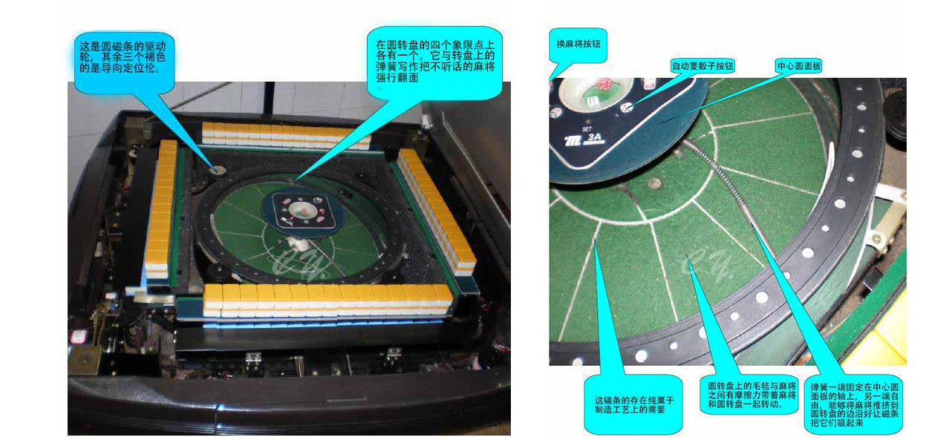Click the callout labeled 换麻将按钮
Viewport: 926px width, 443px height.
(x=578, y=45)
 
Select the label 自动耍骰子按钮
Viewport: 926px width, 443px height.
(x=702, y=66)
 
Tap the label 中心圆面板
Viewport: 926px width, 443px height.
(x=799, y=66)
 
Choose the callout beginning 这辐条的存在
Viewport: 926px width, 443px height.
(x=633, y=404)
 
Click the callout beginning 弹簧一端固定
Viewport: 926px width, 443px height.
(x=854, y=404)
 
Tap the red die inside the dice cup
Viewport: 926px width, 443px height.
(x=604, y=84)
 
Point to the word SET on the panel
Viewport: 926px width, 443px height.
(x=587, y=128)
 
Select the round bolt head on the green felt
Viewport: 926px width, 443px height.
(x=653, y=183)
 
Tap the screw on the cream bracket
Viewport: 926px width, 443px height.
(x=876, y=239)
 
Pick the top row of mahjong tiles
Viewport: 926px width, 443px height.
(x=286, y=135)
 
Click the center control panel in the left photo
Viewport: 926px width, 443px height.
(x=301, y=210)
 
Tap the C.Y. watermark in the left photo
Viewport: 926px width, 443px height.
(x=298, y=263)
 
